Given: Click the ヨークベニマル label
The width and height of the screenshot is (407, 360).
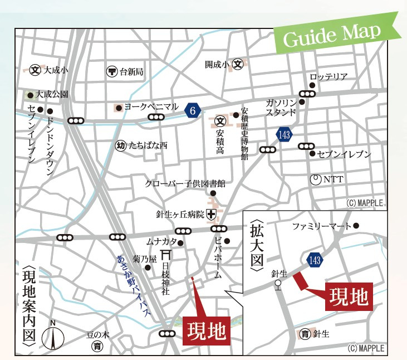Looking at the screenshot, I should tap(151, 106).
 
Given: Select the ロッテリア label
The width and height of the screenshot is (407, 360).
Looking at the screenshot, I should tap(328, 77).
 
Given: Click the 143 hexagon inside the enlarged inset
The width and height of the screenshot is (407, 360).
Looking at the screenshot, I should tap(314, 260).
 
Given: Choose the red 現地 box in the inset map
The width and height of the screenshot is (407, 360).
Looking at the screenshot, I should tap(349, 297).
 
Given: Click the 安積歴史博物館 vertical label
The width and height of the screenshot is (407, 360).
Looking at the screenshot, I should tap(244, 134).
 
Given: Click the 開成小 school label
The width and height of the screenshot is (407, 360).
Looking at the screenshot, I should tap(217, 64).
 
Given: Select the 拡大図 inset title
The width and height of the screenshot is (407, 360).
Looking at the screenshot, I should tap(256, 245).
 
